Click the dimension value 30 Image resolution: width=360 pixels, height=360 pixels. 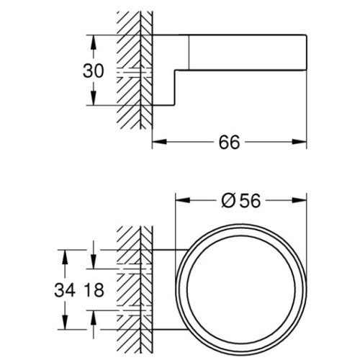tap(94, 71)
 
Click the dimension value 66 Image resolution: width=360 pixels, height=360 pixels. tap(229, 142)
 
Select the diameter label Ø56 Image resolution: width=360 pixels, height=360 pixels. tap(240, 201)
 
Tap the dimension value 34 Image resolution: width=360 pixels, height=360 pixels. tap(65, 290)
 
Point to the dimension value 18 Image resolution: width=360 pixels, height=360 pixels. tap(94, 290)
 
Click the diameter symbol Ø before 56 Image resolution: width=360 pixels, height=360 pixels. tap(228, 201)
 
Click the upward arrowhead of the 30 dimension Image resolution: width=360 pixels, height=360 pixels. tap(94, 42)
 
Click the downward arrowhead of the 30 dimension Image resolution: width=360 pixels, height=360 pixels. tap(94, 98)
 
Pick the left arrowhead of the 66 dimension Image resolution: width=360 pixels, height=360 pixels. tap(160, 142)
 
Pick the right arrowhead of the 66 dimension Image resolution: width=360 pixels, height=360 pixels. tap(300, 142)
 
